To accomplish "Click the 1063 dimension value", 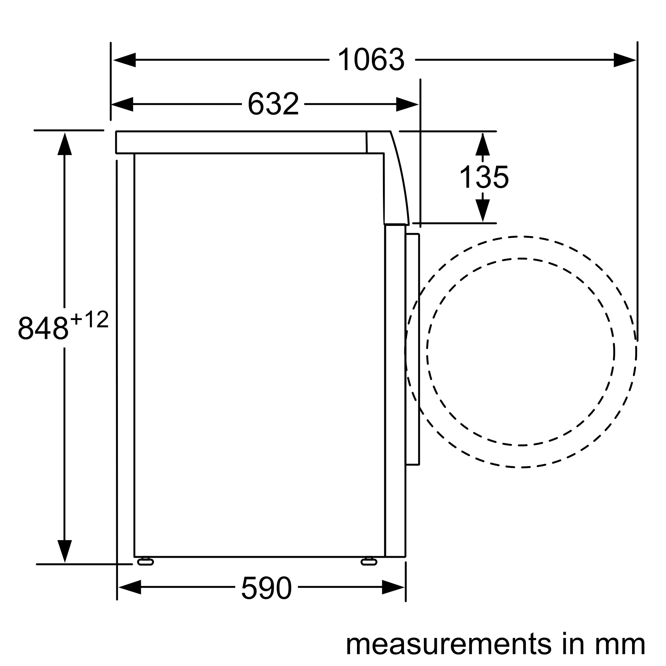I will [x=371, y=60].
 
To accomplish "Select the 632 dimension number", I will [x=273, y=104].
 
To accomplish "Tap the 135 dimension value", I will [x=484, y=177].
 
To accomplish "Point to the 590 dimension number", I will [x=266, y=588].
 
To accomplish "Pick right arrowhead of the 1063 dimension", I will [x=624, y=60].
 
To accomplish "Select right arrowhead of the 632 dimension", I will [x=407, y=104].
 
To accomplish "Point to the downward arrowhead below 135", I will [x=482, y=210].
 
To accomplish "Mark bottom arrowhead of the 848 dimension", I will [x=65, y=551].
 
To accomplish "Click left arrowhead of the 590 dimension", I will [x=130, y=587].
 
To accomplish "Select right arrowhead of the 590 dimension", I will [x=393, y=587].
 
